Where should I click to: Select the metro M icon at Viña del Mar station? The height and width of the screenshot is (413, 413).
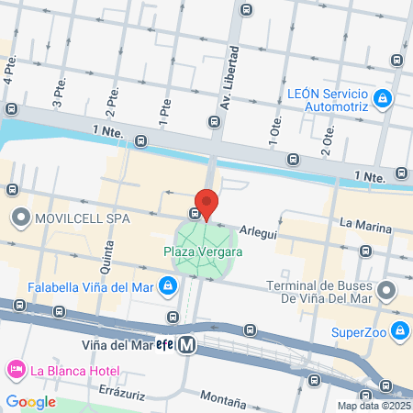click(187, 345)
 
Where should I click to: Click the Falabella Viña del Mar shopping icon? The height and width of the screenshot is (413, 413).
click(167, 287)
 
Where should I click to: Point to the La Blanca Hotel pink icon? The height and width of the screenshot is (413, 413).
click(16, 371)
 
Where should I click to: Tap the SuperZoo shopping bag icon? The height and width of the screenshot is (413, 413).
click(398, 330)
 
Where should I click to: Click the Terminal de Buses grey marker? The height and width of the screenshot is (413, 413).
click(387, 291)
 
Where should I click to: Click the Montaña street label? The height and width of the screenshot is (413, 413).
click(222, 401)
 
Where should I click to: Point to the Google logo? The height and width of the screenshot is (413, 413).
click(30, 401)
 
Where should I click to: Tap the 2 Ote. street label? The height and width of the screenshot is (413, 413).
click(327, 138)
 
